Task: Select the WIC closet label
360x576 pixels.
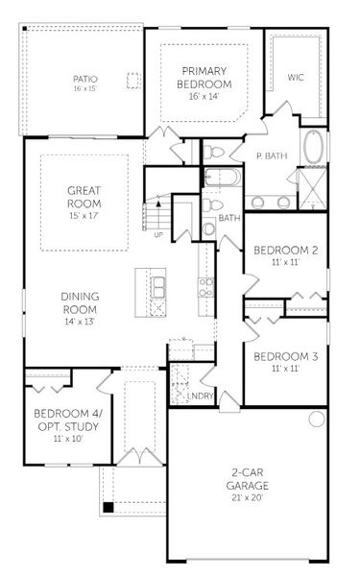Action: click(295, 78)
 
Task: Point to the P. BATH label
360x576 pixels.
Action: click(273, 156)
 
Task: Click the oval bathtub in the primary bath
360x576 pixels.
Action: click(315, 149)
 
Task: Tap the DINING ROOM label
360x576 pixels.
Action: click(81, 303)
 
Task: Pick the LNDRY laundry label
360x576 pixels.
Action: click(202, 396)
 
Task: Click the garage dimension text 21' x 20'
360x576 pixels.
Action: click(248, 497)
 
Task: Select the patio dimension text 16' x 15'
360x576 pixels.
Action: click(85, 88)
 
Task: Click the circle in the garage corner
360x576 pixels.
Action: click(317, 420)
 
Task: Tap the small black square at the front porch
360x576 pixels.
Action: click(108, 506)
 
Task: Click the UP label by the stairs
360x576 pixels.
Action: click(157, 233)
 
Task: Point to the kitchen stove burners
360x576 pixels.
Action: click(204, 286)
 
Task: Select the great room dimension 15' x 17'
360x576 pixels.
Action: click(84, 217)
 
